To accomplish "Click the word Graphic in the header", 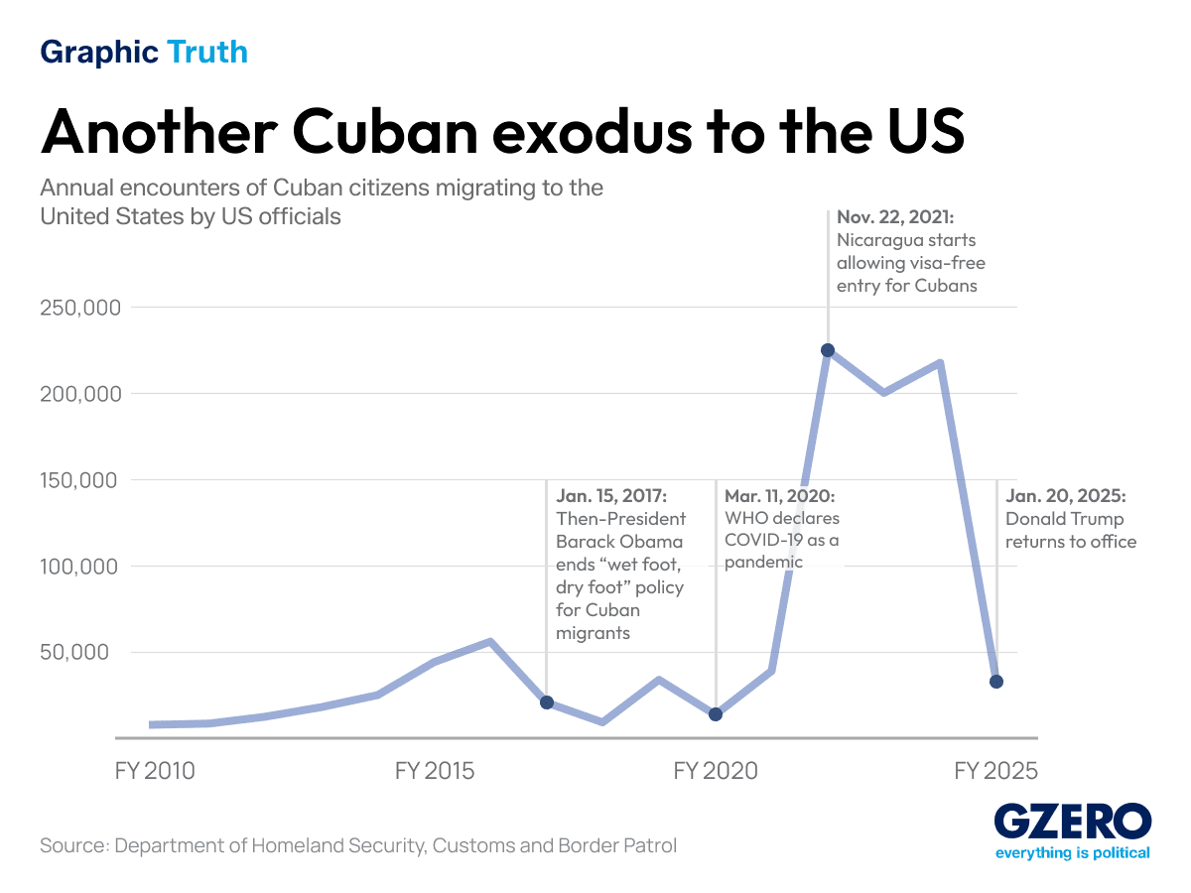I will (99, 52).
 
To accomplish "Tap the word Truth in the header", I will (207, 52).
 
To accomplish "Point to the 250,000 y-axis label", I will (79, 308).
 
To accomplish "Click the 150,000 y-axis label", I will (79, 480).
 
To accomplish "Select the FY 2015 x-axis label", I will (435, 771).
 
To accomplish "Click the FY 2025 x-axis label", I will (995, 771).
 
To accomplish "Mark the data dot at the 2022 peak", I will (828, 350).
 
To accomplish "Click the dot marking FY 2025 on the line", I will (996, 682).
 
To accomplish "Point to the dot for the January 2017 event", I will (547, 702).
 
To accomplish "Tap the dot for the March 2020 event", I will (716, 714).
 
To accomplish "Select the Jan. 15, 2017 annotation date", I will (611, 495).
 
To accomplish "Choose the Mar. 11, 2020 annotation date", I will (779, 495).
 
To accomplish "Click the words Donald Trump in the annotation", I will (1064, 518).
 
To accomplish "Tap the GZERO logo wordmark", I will (1073, 823).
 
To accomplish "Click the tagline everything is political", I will (1073, 853).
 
